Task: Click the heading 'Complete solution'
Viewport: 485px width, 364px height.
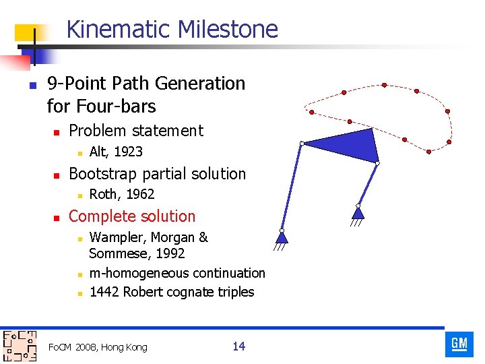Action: click(132, 216)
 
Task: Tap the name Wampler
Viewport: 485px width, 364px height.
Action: click(117, 237)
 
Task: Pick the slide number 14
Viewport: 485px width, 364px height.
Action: click(238, 346)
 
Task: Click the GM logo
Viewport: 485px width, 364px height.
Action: click(459, 344)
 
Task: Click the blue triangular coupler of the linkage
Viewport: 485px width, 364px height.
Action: click(348, 144)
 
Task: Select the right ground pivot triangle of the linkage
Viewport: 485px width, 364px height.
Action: click(358, 214)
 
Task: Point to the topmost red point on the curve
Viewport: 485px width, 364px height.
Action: click(384, 85)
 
